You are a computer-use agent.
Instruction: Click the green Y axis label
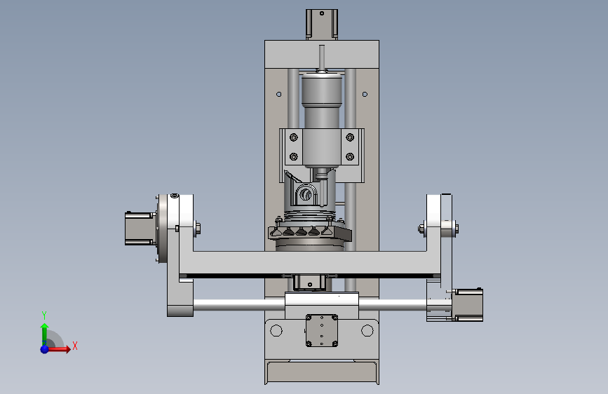coord(44,315)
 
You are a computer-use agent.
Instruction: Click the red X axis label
coord(75,346)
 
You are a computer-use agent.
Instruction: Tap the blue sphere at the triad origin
coord(45,349)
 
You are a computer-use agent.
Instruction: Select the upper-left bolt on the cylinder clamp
coord(294,137)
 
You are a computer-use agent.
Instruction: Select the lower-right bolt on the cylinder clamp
coord(350,156)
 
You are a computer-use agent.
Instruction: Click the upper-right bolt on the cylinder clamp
coord(350,137)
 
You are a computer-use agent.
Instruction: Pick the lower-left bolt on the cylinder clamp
coord(294,156)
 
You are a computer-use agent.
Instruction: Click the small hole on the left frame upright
coord(279,94)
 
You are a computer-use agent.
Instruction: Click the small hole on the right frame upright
coord(365,94)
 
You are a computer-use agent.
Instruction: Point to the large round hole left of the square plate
coord(276,331)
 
